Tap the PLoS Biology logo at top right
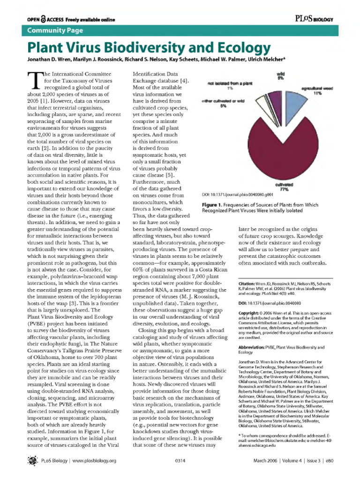tap(314, 18)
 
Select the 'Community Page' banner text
tap(55, 30)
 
